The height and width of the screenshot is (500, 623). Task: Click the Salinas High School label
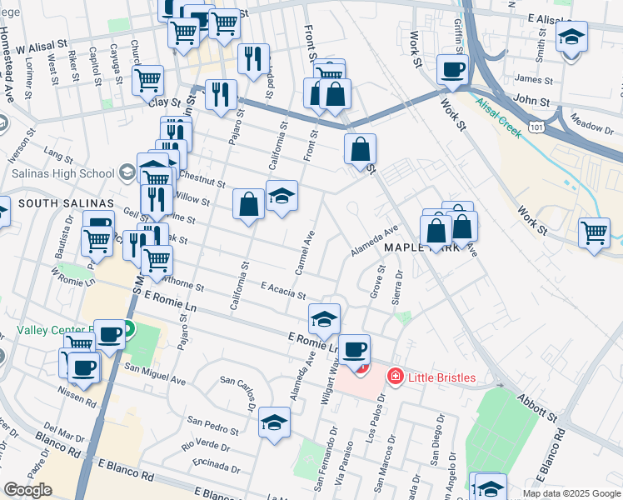click(62, 174)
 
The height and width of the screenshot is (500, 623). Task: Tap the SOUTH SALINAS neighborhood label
click(54, 202)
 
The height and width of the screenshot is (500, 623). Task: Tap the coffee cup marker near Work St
click(452, 70)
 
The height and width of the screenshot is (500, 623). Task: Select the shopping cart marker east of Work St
click(593, 232)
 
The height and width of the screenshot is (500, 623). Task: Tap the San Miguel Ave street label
click(155, 372)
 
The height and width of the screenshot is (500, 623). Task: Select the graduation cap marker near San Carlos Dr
click(274, 422)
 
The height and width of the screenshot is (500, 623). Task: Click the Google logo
click(28, 491)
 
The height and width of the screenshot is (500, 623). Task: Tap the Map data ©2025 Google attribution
click(571, 493)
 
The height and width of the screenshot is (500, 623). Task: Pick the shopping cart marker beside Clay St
click(147, 80)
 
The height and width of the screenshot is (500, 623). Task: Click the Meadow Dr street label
click(586, 126)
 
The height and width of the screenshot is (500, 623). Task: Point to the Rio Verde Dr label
click(206, 443)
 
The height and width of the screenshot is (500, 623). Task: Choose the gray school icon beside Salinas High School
click(127, 173)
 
